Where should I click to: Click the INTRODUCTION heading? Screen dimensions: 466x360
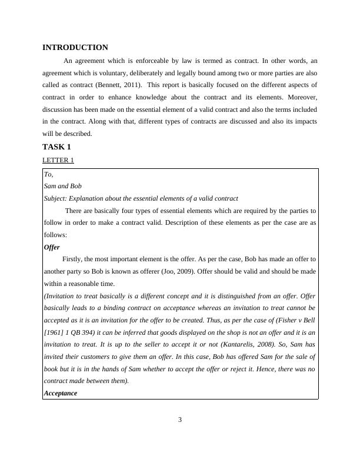[75, 48]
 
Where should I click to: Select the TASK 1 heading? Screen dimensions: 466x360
[56, 147]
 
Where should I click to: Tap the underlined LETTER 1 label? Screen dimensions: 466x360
[58, 160]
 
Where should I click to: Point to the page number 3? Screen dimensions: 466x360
[180, 420]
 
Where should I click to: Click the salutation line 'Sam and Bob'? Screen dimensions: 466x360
[63, 186]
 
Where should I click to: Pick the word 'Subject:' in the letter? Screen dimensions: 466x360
[56, 198]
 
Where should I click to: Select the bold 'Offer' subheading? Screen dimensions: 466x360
[52, 247]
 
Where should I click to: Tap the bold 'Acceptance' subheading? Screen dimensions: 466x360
[61, 393]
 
